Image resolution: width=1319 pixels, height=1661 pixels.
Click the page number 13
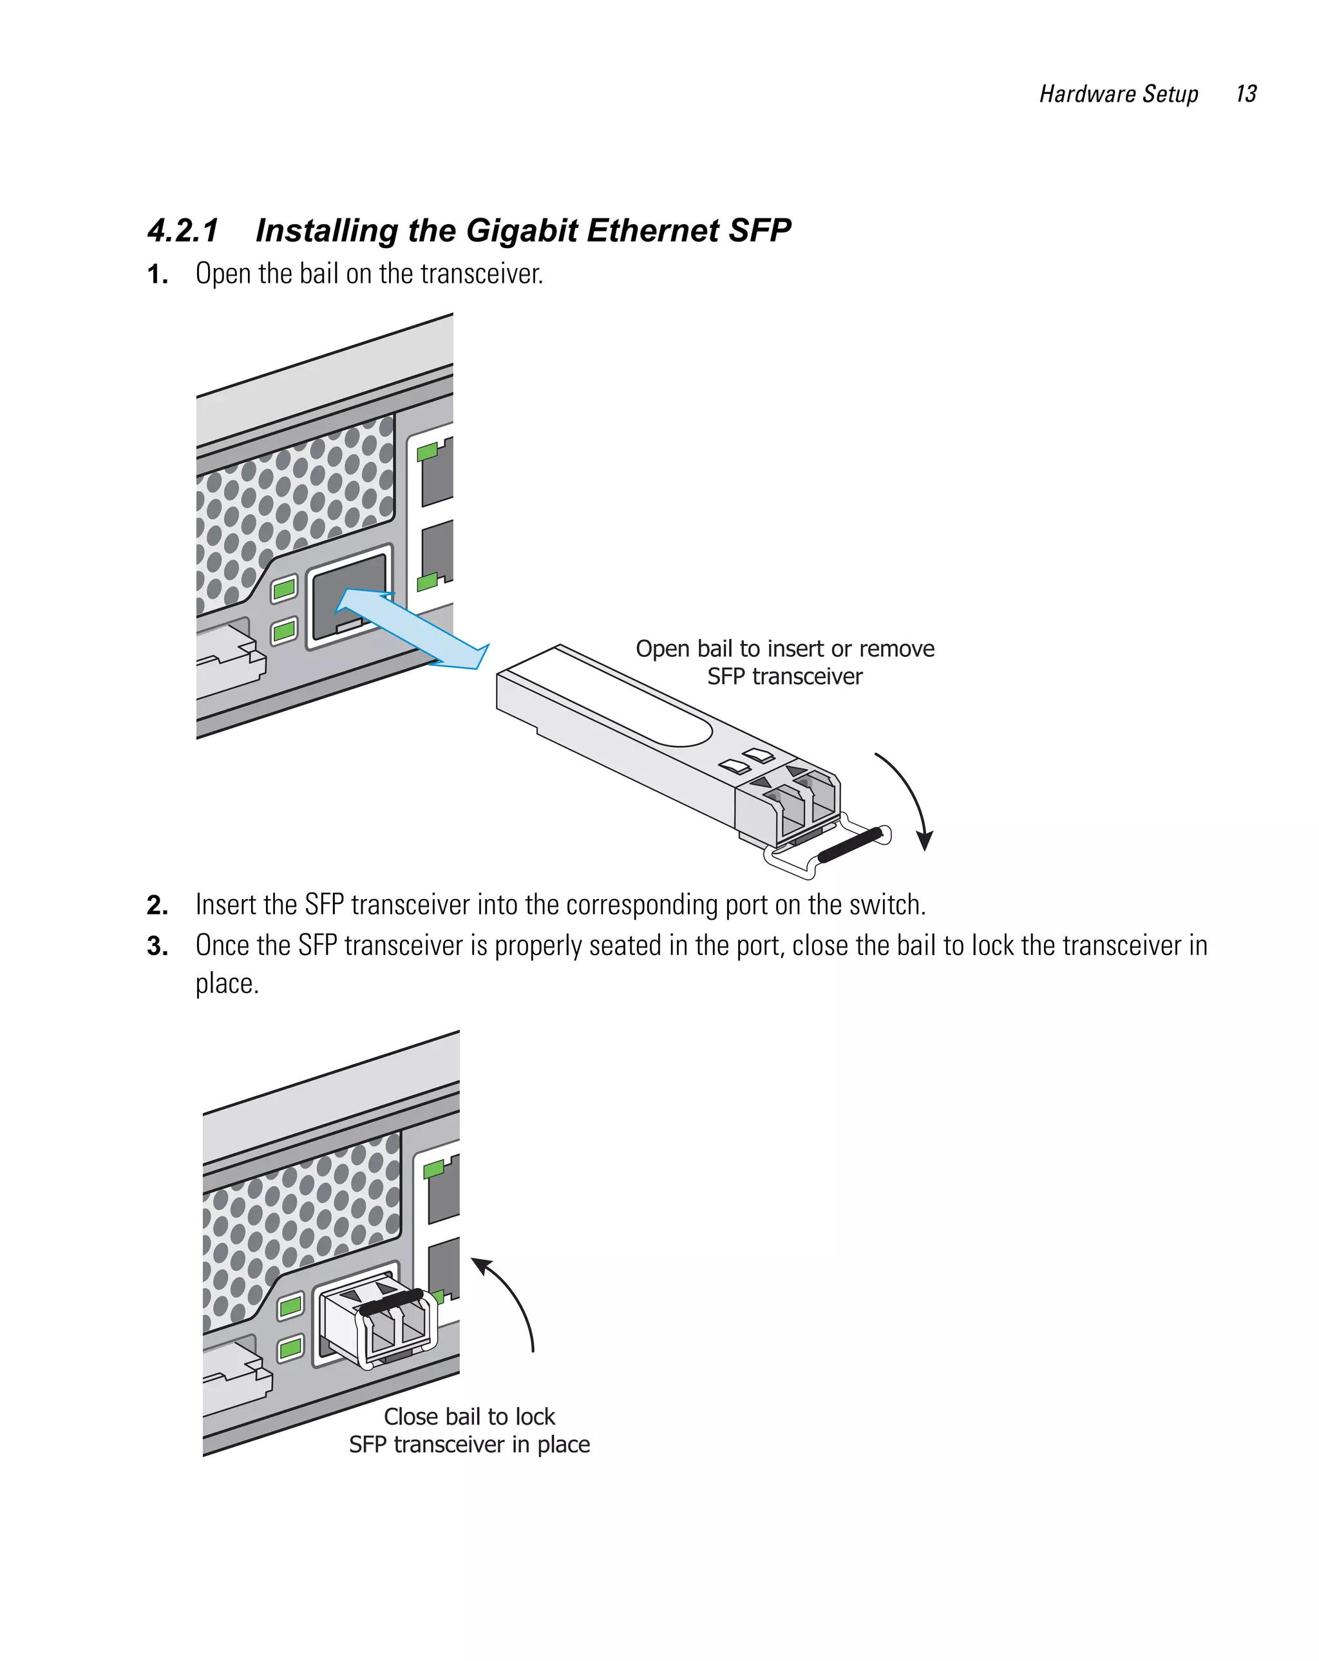click(1245, 94)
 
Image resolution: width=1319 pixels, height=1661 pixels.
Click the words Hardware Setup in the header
click(1118, 94)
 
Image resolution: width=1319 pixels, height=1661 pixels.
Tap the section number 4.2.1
click(184, 231)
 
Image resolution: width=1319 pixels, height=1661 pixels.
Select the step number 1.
click(157, 274)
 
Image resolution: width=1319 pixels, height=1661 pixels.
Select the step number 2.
click(157, 906)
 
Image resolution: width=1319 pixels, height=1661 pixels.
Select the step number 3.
click(157, 946)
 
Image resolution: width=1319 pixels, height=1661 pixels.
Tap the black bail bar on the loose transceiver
click(849, 845)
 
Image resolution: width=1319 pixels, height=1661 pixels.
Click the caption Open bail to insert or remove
click(784, 649)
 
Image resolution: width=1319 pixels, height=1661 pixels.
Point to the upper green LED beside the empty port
click(284, 589)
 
